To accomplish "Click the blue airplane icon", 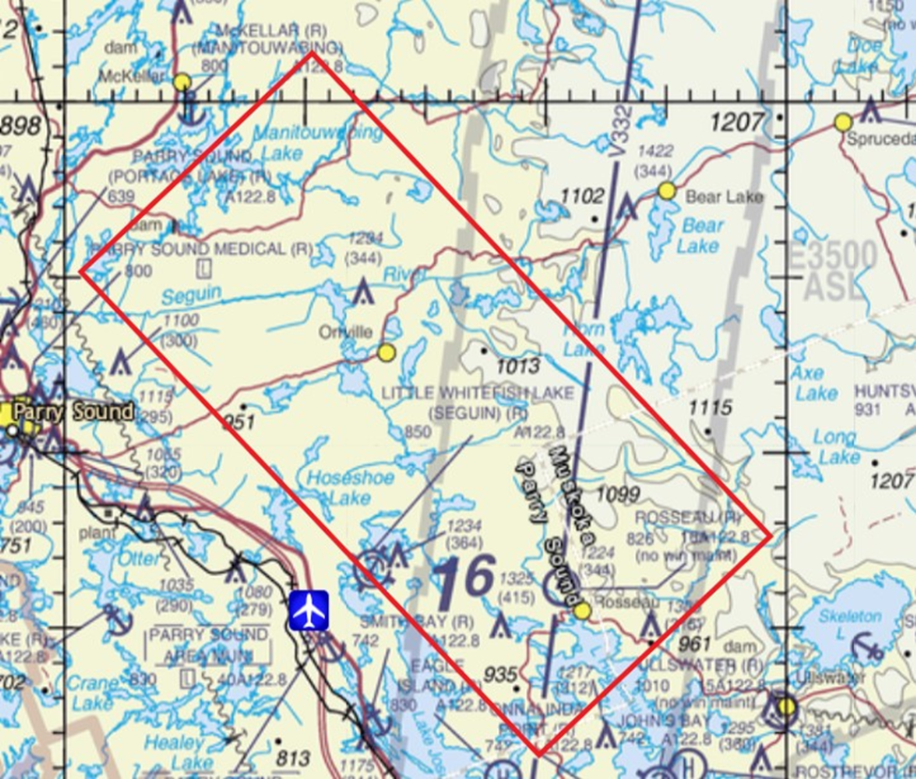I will tap(308, 610).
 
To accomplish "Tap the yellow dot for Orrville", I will tap(386, 352).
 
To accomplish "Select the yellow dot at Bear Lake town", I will tap(666, 192).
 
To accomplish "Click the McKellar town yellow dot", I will tap(182, 83).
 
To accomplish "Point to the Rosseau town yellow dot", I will tap(582, 612).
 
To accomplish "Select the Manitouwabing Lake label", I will tap(296, 142).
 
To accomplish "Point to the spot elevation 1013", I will tap(518, 366).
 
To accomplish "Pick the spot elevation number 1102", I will tap(582, 196).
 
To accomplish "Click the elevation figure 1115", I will tap(709, 408).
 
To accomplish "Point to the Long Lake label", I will tap(835, 447).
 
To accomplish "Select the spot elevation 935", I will tap(501, 675).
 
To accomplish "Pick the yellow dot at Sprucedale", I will tap(843, 122).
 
